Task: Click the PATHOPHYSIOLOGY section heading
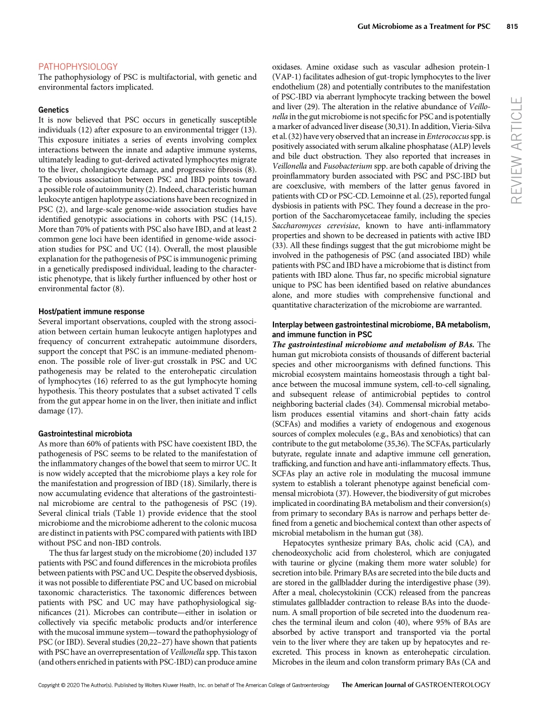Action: tap(78, 67)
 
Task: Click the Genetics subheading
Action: tap(53, 110)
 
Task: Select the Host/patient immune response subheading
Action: tap(91, 312)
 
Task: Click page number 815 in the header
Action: tap(512, 27)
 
